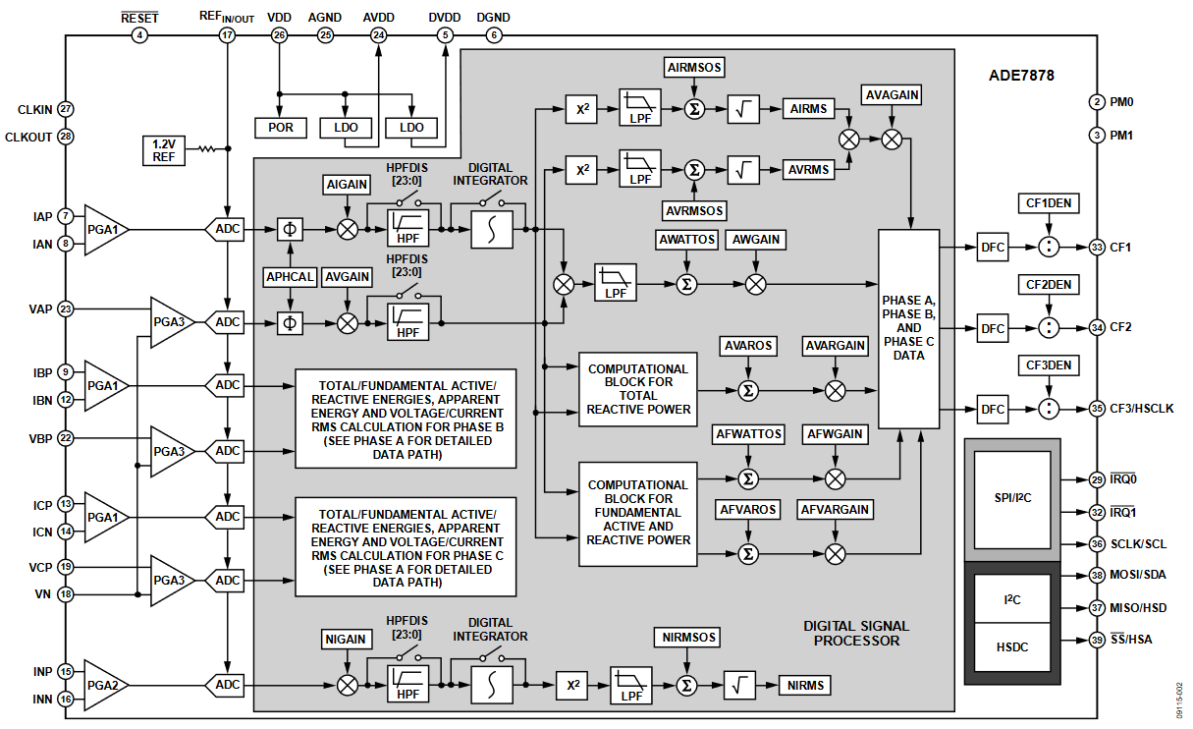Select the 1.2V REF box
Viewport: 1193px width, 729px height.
tap(163, 149)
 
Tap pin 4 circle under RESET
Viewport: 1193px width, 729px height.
tap(138, 35)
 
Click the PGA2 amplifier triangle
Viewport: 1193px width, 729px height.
tap(103, 684)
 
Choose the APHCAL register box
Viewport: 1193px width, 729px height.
tap(290, 277)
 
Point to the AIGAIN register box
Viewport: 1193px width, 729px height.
tap(347, 186)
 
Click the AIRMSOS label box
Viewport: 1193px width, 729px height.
tap(694, 69)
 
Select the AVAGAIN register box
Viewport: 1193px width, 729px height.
tap(892, 95)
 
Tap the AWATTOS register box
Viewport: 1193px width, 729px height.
tap(686, 239)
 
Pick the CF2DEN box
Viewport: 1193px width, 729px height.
tap(1049, 285)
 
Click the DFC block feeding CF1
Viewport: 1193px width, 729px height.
tap(993, 248)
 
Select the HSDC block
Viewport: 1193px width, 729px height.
tap(1011, 646)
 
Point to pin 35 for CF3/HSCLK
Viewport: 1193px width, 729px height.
tap(1097, 408)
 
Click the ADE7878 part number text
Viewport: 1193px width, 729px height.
tap(1021, 75)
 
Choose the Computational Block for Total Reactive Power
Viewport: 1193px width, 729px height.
tap(638, 389)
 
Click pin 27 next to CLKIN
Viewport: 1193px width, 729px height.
tap(66, 109)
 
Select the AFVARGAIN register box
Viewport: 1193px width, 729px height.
tap(836, 510)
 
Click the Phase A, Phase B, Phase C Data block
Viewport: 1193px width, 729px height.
tap(908, 328)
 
